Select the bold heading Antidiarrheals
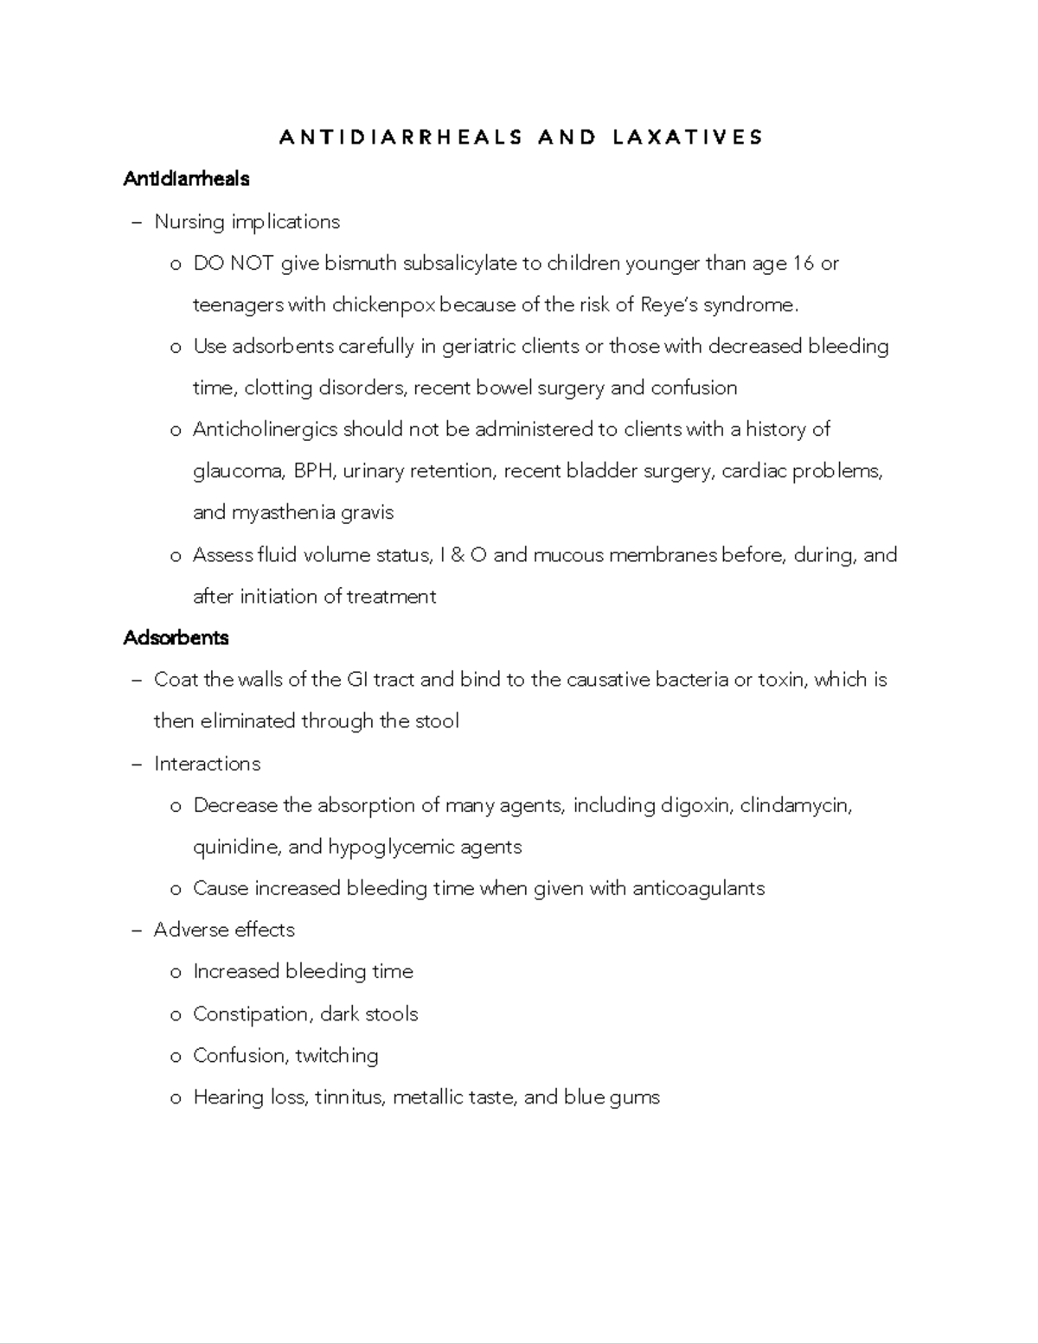tap(186, 179)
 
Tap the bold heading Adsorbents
tap(176, 638)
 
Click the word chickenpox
tap(385, 304)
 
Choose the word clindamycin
tap(796, 806)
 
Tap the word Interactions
tap(207, 764)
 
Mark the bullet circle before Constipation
tap(176, 1015)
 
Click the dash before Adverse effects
tap(136, 931)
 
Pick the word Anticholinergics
tap(265, 430)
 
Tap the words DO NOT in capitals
tap(233, 263)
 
